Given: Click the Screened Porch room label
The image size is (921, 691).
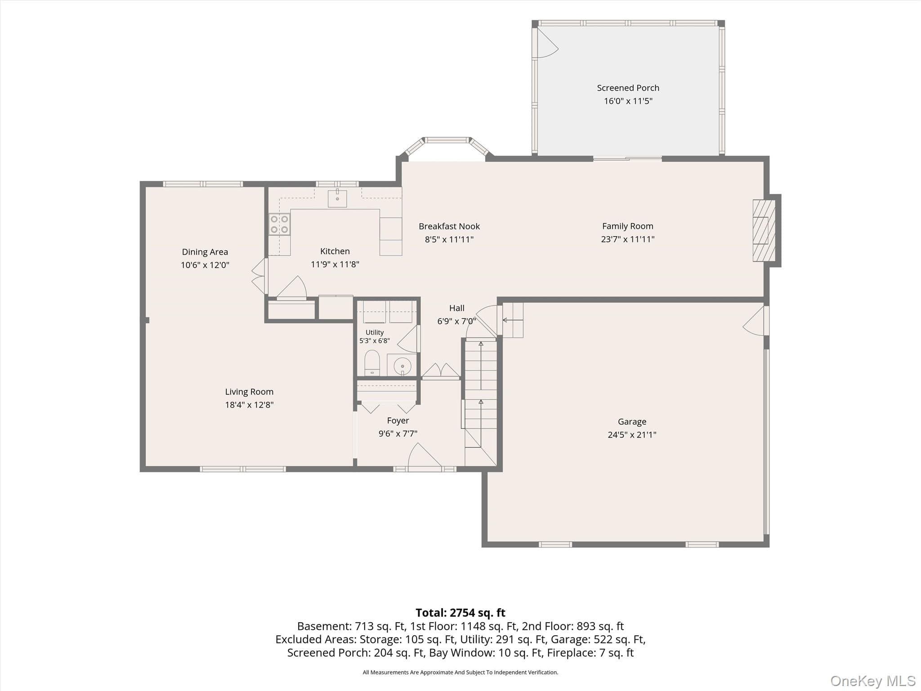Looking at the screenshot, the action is pos(628,88).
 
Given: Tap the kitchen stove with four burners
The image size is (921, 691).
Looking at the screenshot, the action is pos(279,224).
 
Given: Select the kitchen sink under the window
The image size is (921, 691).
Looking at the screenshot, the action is pos(337,198).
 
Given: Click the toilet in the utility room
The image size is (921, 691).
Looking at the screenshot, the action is pos(372,363).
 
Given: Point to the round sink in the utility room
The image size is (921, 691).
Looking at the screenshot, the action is pos(402,366).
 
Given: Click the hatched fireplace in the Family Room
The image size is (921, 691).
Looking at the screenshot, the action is pos(764,230).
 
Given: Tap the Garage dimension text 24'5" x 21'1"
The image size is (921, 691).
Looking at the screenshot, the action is pos(632,435).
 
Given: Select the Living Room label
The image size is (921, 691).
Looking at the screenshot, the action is pos(249,391).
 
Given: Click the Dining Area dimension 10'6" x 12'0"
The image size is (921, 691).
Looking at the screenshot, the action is pos(205,265).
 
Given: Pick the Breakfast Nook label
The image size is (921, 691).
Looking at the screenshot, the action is pos(449,226).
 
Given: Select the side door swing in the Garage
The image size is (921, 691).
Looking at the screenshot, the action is pos(754,321).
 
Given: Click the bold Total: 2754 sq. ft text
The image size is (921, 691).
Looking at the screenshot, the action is pos(460,613).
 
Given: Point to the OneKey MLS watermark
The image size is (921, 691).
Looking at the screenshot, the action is pos(873,681).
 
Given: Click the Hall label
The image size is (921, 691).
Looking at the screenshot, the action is pos(456,308).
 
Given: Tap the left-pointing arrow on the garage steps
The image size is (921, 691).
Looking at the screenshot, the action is pos(513,320).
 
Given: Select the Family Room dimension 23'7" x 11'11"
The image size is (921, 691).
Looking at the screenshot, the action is pos(628,239).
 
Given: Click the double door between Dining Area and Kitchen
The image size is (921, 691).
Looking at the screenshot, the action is pos(259,276).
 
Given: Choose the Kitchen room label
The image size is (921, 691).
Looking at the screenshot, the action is pos(335,251).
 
